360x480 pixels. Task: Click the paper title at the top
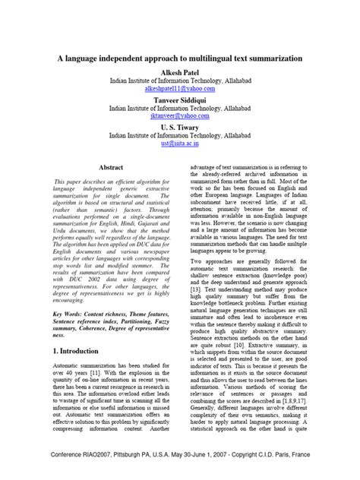pyautogui.click(x=180, y=58)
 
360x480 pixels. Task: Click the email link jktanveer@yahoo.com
pyautogui.click(x=180, y=116)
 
